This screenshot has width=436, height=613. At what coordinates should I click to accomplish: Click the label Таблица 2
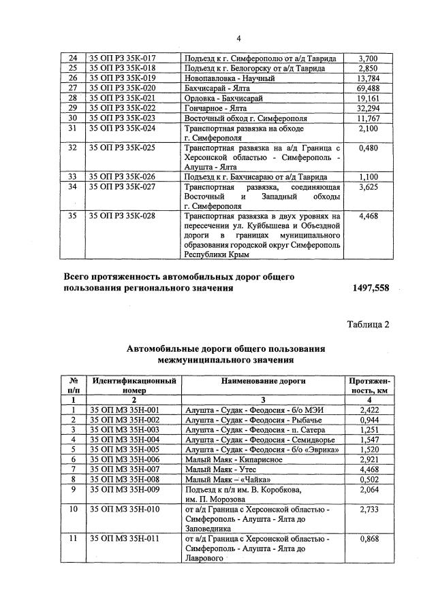click(x=367, y=324)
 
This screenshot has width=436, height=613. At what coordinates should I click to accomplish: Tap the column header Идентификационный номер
click(x=134, y=386)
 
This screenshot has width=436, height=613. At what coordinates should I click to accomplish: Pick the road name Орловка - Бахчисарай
click(x=225, y=99)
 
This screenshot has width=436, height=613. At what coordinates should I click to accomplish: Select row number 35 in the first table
click(x=72, y=216)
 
